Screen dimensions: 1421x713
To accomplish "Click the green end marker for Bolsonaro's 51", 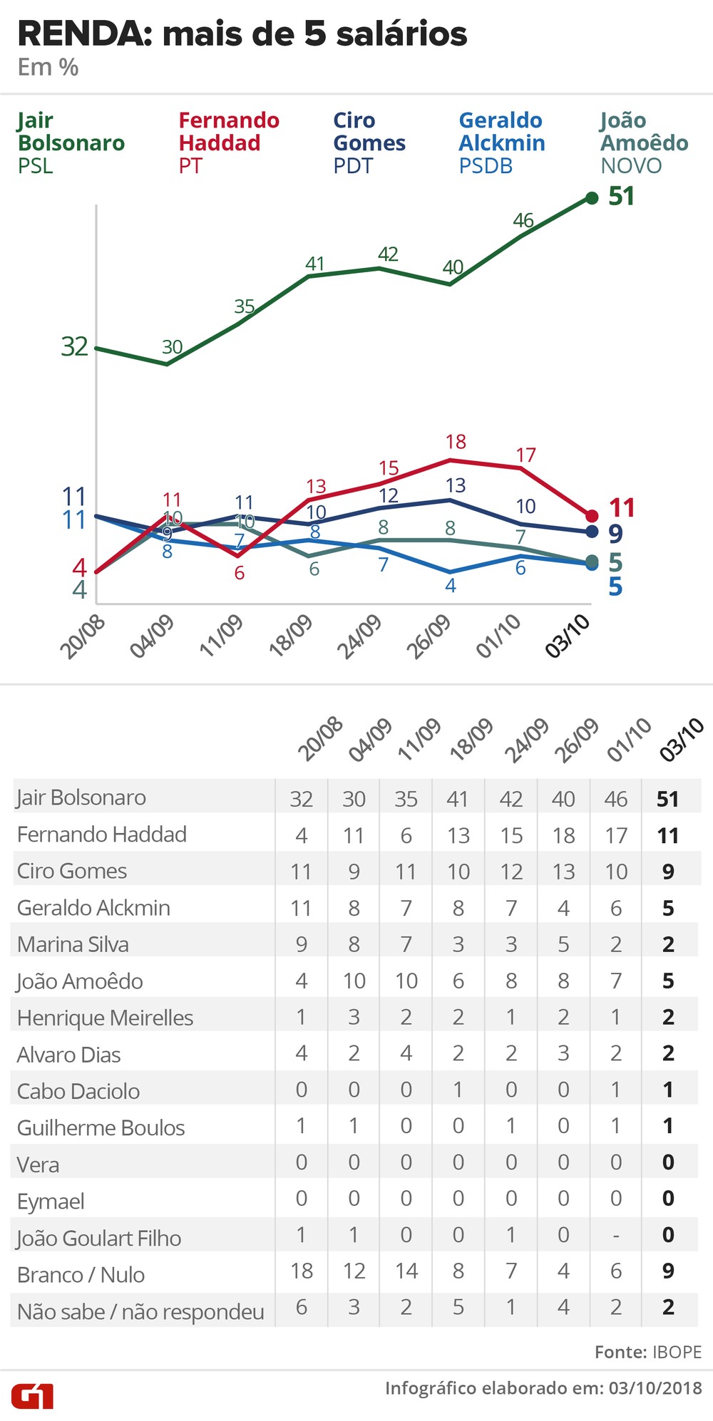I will [592, 198].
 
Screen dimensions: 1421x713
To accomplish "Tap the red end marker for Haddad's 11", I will [592, 516].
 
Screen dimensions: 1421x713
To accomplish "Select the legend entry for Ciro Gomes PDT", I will [369, 143].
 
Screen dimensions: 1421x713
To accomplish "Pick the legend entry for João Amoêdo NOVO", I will [643, 143].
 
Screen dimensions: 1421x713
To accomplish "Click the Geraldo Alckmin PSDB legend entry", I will [501, 143].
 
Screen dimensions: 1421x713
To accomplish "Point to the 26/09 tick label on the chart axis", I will [429, 636].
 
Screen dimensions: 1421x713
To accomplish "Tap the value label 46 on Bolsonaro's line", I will [523, 221].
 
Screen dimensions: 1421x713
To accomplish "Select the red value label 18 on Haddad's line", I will [456, 442].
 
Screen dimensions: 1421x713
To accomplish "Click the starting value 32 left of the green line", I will [74, 346].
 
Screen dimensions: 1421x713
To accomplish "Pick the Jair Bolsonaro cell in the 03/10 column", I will [668, 799].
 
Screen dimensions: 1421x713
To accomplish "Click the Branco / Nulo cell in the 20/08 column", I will [302, 1271].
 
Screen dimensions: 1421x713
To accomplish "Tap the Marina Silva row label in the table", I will [73, 944].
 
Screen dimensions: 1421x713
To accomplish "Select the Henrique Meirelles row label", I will [105, 1018].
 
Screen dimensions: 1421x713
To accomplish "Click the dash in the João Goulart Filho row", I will [616, 1235].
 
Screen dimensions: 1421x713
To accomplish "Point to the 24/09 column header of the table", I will [526, 740].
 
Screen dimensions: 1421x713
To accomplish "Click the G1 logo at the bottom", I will [32, 1396].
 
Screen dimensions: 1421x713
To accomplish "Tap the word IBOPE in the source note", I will [676, 1352].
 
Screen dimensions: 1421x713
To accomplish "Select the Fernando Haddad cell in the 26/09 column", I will [563, 835].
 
